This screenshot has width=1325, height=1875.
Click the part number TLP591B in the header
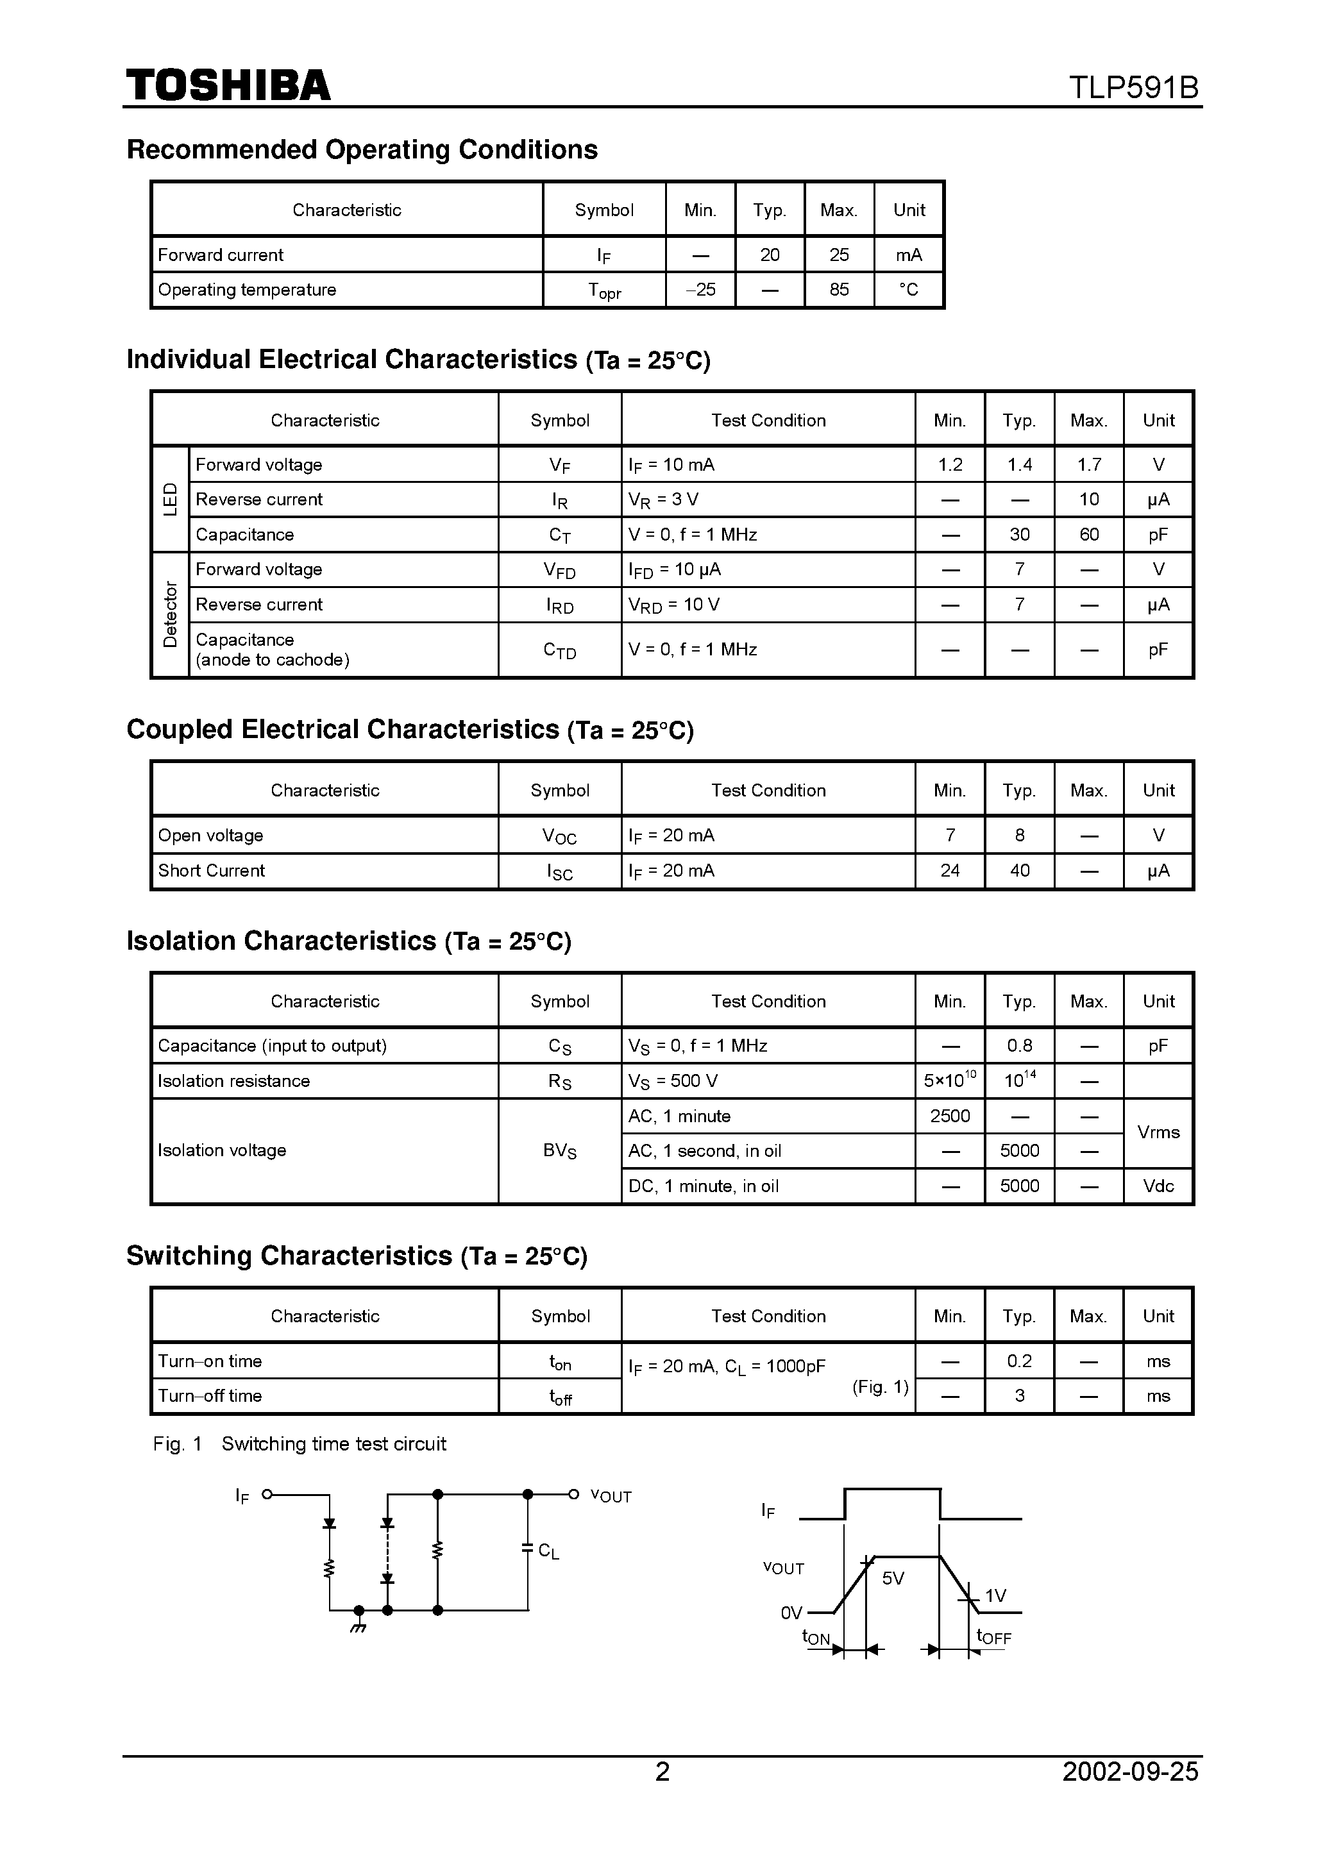(1133, 88)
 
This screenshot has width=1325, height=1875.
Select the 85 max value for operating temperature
(839, 290)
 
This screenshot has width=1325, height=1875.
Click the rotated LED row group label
(170, 499)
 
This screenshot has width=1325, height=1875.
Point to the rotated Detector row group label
(170, 614)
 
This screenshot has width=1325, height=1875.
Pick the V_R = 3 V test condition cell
(663, 500)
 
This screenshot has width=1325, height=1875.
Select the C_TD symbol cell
(560, 650)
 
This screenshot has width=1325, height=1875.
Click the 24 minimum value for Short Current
(949, 871)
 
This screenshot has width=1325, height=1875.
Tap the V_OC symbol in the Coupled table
(560, 836)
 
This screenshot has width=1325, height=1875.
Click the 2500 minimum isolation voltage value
(949, 1116)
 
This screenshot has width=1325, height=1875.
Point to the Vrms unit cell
(1158, 1132)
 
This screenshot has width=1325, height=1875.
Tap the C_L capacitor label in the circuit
(548, 1551)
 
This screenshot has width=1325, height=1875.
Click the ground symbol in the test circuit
(358, 1625)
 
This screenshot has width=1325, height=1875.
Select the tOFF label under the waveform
(993, 1636)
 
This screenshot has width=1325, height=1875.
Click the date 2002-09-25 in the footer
(1130, 1771)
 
